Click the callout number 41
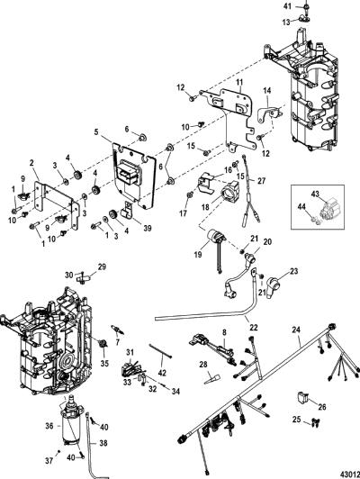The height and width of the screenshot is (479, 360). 287,5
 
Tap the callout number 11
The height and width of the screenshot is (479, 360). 239,82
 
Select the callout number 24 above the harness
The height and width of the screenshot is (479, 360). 296,330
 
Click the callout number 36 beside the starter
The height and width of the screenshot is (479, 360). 49,426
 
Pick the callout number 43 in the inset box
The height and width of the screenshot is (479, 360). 315,194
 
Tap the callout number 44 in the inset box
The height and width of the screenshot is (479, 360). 302,208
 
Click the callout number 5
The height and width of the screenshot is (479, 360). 96,132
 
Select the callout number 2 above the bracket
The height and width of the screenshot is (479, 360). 31,162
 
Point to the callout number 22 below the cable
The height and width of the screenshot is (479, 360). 254,327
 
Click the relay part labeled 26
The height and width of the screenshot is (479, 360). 302,397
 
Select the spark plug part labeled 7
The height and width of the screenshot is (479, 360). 118,330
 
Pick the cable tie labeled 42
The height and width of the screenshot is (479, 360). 160,351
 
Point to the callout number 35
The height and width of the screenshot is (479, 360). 105,363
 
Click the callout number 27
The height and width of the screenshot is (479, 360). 261,181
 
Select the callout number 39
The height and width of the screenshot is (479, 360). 148,228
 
